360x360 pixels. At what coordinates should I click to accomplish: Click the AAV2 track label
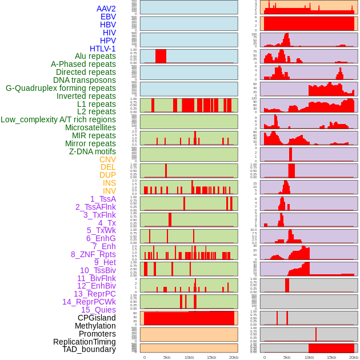pos(106,9)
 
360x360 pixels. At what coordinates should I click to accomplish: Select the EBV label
pos(108,17)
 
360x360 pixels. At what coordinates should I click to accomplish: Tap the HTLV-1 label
pos(103,49)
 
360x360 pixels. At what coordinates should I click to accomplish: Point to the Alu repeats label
pos(95,56)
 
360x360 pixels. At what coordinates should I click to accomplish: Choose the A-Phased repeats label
pos(83,64)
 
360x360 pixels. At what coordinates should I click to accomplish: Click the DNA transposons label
pos(85,80)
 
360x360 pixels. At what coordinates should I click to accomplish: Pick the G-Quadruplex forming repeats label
pos(61,88)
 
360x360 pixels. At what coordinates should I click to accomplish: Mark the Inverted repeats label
pos(86,96)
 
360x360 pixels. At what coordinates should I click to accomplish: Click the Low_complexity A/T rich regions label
pos(58,119)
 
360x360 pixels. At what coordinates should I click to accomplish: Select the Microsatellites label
pos(90,127)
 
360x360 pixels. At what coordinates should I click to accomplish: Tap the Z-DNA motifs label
pos(93,151)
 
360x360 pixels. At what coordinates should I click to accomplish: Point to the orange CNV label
pos(107,159)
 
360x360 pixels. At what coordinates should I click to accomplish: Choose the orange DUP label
pos(107,175)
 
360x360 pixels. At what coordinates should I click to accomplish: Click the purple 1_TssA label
pos(103,199)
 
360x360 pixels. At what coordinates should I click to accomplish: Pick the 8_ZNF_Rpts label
pos(93,254)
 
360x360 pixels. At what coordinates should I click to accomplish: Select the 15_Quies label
pos(98,310)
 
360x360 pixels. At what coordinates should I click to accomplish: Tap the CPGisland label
pos(97,318)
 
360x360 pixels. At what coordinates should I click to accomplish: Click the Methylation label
pos(95,326)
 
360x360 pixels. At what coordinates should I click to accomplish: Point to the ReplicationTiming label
pos(84,342)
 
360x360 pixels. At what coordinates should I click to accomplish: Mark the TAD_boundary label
pos(89,349)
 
